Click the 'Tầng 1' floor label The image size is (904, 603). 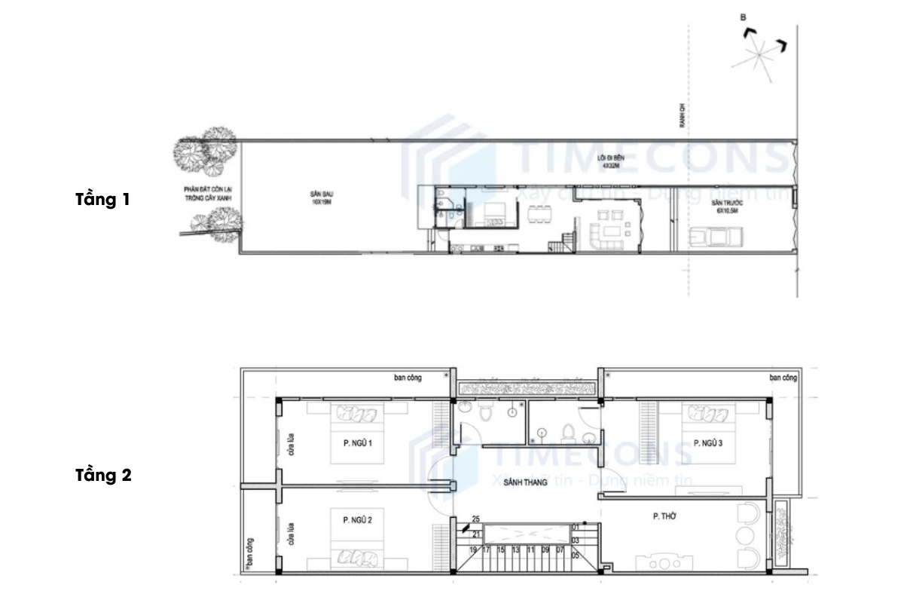(x=102, y=200)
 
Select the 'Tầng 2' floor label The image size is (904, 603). (x=103, y=476)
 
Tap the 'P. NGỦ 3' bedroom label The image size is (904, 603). (x=707, y=444)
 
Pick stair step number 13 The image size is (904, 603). (x=515, y=550)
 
